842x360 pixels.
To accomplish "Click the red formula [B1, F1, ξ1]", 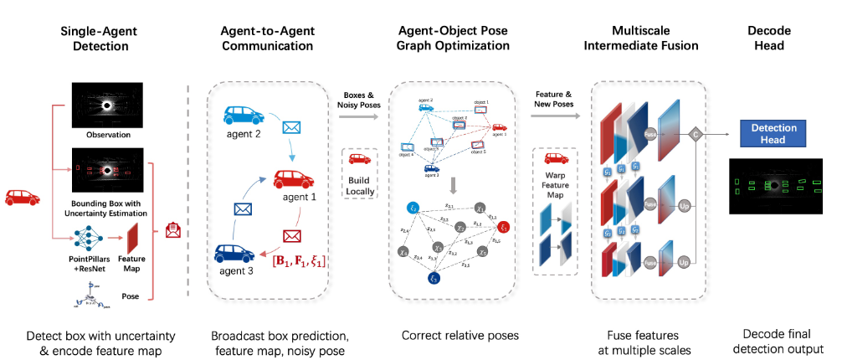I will [296, 262].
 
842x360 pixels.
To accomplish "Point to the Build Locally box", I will [361, 172].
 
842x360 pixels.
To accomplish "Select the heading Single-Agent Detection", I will [99, 39].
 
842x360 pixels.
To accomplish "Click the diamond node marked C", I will [694, 133].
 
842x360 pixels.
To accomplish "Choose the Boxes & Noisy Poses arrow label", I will [361, 100].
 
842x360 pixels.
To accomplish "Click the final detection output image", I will [773, 185].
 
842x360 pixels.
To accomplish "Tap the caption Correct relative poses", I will [460, 336].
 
